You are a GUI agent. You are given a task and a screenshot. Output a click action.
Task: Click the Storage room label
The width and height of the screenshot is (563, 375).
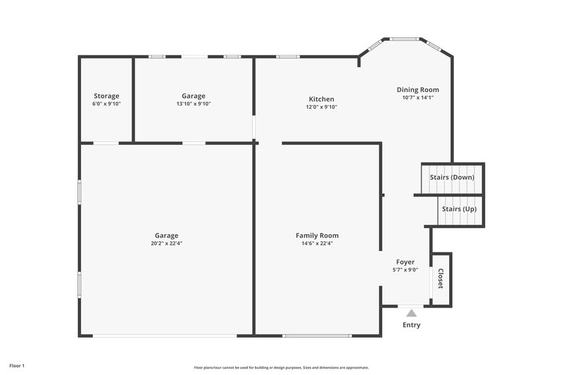pos(106,96)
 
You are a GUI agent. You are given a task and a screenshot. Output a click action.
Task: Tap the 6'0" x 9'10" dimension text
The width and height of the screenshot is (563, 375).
pos(106,104)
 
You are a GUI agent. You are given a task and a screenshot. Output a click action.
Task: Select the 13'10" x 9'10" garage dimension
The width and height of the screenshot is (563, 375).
pos(194,104)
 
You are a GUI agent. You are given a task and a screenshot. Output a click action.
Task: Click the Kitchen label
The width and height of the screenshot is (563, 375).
pos(320,99)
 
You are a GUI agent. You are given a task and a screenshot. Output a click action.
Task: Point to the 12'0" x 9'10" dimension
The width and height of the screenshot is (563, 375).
pos(321,108)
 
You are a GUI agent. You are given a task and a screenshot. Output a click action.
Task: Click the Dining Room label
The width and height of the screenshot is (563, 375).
pos(417,89)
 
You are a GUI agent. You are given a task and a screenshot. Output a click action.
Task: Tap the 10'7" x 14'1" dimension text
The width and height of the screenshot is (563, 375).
pos(417,98)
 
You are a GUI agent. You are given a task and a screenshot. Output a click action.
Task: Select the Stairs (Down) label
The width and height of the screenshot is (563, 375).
pos(452,177)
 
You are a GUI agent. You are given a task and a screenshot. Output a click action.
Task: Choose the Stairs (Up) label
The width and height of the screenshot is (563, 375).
pos(459,209)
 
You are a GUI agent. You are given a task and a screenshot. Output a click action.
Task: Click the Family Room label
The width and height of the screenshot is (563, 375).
pos(317,235)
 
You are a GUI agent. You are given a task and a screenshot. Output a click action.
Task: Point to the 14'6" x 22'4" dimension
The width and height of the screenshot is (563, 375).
pos(317,243)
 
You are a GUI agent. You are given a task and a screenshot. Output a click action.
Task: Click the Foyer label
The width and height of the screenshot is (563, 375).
pos(405,261)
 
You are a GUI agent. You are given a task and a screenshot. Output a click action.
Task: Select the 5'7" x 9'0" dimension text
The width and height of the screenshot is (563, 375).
pos(405,269)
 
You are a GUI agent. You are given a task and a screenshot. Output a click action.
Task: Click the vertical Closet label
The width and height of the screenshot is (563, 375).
pos(441,279)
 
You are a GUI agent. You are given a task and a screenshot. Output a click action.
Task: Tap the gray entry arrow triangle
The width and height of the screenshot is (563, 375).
pos(411,312)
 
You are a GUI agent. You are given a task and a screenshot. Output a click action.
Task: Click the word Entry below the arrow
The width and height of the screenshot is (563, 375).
pos(412,325)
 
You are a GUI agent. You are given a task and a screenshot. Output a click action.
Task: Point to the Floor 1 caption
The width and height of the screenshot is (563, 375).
pos(17,366)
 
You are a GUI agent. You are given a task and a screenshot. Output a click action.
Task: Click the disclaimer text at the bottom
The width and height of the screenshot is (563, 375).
pos(281,367)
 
